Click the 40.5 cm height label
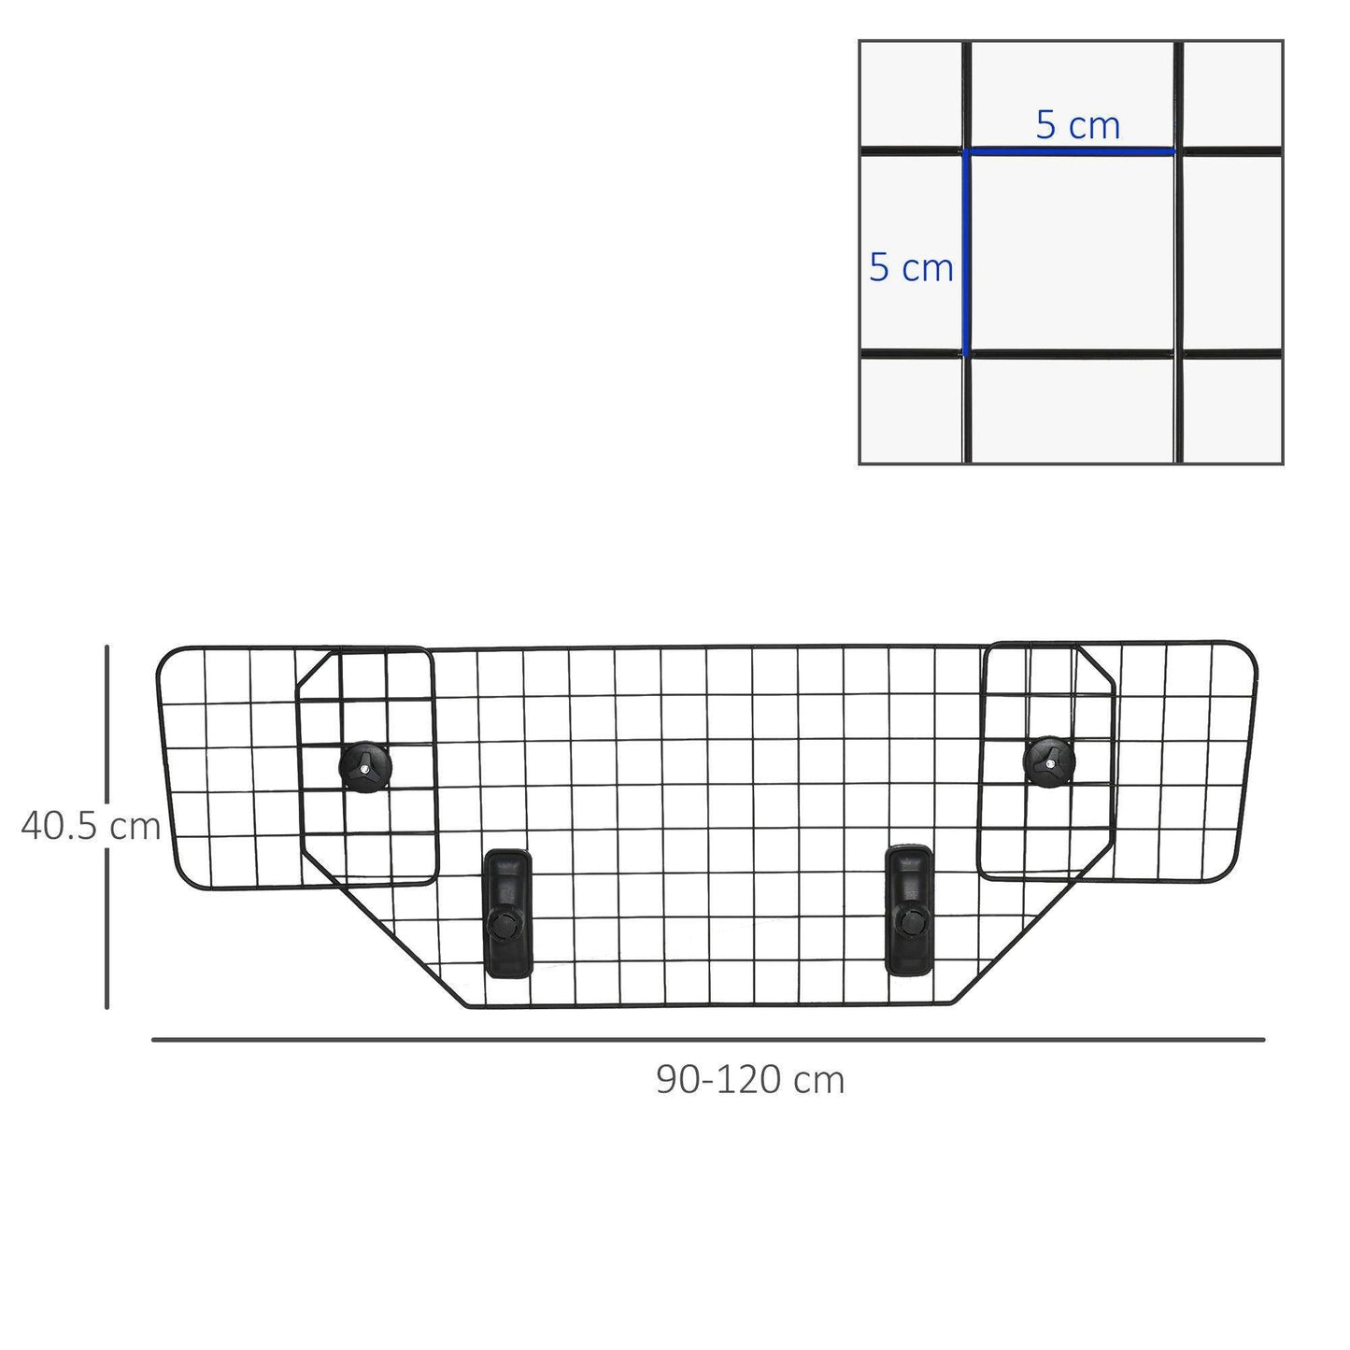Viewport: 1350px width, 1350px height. point(91,826)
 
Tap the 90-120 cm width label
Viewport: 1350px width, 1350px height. point(750,1080)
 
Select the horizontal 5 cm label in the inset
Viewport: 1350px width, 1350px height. point(1077,125)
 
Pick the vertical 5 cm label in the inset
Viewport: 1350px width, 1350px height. point(911,267)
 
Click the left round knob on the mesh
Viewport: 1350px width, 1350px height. point(365,767)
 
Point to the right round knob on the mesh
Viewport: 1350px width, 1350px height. point(1049,761)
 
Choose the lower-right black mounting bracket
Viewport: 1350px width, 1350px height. point(908,908)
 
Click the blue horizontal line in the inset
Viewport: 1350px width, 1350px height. point(1071,150)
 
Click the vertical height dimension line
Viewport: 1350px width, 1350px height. point(107,826)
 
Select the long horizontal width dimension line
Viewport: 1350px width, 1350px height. point(708,1039)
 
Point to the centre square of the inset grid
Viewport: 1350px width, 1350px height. point(1072,252)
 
